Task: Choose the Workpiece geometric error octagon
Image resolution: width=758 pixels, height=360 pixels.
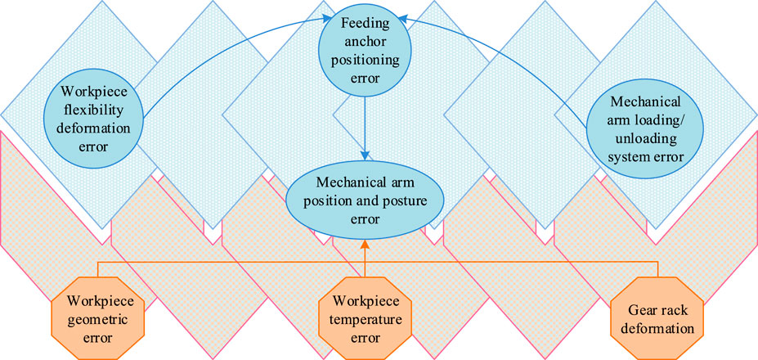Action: (97, 316)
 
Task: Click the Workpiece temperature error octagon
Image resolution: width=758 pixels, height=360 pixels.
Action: (366, 316)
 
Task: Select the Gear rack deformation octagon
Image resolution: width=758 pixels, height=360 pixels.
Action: (657, 316)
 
